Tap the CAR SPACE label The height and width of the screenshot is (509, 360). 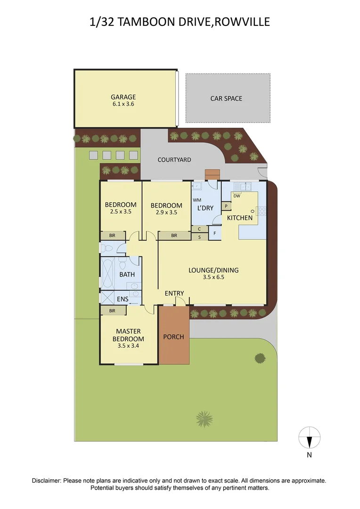(x=226, y=99)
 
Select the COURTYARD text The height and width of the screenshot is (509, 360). (x=174, y=160)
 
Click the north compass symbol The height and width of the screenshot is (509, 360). (x=310, y=438)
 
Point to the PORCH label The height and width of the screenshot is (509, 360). (x=173, y=337)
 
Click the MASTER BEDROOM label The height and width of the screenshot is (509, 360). (x=128, y=335)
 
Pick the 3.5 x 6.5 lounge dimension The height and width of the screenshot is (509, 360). (x=213, y=278)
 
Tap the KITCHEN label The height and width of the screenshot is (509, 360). (x=240, y=218)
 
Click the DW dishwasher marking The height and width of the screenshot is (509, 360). (x=237, y=196)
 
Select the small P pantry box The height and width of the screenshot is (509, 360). (x=226, y=206)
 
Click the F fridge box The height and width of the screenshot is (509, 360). (x=214, y=233)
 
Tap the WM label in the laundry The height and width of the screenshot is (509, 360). (x=197, y=200)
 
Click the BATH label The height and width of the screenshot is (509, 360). (x=127, y=274)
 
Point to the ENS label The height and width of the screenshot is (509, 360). (x=123, y=298)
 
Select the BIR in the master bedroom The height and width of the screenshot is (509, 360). (x=113, y=311)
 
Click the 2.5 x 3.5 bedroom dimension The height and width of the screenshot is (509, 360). (x=121, y=212)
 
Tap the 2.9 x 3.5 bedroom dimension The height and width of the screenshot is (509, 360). (x=166, y=213)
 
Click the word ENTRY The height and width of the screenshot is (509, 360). (x=174, y=294)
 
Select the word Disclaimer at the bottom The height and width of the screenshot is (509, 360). (x=47, y=481)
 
